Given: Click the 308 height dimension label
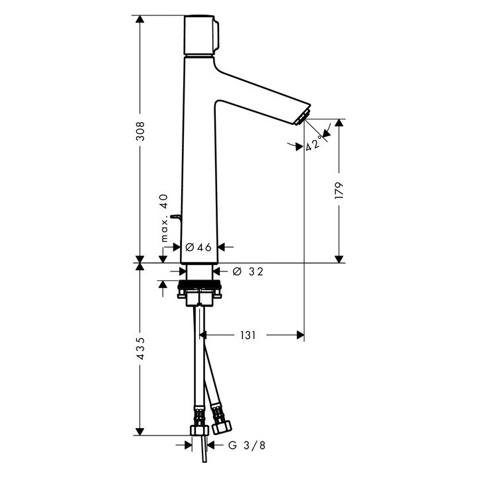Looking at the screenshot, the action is tap(140, 131).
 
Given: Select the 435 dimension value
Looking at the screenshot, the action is tap(140, 349).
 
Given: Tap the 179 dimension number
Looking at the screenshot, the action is tap(339, 191).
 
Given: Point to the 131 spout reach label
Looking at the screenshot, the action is tap(248, 335).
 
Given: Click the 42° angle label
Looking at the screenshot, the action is tap(313, 143).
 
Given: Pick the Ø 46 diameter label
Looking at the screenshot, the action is tap(198, 247).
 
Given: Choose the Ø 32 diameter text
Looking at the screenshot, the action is tap(248, 272).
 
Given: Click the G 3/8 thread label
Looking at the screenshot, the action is tap(247, 445).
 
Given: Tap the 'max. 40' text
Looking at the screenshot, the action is tap(165, 218).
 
